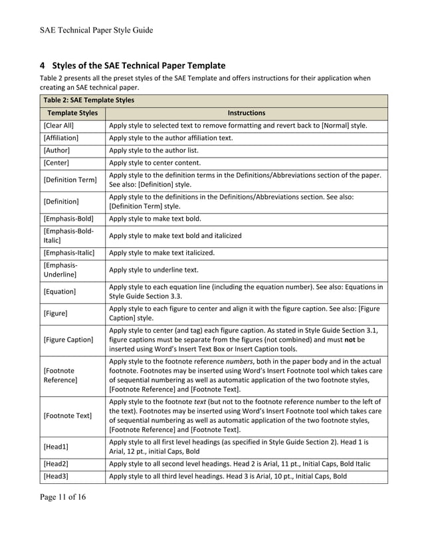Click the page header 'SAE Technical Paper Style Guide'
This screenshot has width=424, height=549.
pos(96,30)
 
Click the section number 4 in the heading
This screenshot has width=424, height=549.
pos(43,65)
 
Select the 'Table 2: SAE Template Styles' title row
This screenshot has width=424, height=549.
pos(88,100)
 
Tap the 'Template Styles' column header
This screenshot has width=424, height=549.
pos(70,113)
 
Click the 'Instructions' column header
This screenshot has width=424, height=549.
pos(246,113)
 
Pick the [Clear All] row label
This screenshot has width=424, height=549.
pos(59,126)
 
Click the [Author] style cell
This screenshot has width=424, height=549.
pos(56,151)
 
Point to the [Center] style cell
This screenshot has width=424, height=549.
pos(56,163)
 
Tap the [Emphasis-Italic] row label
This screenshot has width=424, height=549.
pos(69,253)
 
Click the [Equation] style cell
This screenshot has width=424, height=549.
pos(60,291)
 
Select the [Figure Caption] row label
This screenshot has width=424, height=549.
pos(68,340)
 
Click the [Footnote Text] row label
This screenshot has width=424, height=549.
pos(68,416)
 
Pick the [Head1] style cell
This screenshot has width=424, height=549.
pos(56,447)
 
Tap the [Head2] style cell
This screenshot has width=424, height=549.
pos(56,463)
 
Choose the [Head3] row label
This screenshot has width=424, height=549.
pos(56,476)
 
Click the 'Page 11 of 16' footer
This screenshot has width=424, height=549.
pos(63,496)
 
